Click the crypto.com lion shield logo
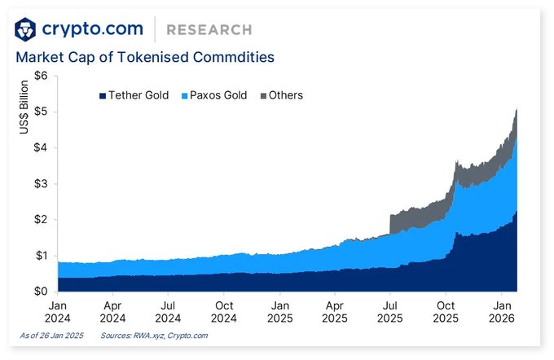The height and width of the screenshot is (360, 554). click(x=27, y=30)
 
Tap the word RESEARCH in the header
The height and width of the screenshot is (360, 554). click(x=209, y=30)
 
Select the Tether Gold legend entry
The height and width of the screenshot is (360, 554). click(x=134, y=95)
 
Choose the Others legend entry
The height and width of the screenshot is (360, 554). click(x=280, y=95)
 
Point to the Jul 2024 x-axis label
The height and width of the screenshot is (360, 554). click(x=168, y=310)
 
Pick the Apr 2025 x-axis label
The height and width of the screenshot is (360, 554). click(x=334, y=310)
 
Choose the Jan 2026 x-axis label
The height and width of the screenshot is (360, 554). click(x=501, y=310)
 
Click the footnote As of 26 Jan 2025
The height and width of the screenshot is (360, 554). click(x=51, y=336)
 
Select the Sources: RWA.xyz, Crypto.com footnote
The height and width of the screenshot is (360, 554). click(x=154, y=336)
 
